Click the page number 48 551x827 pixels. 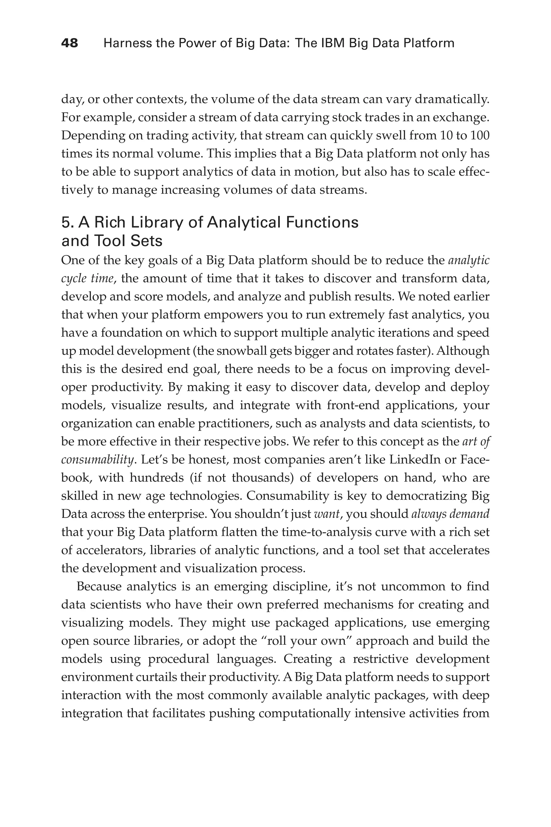coord(70,43)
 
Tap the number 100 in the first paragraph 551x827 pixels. coord(479,135)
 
